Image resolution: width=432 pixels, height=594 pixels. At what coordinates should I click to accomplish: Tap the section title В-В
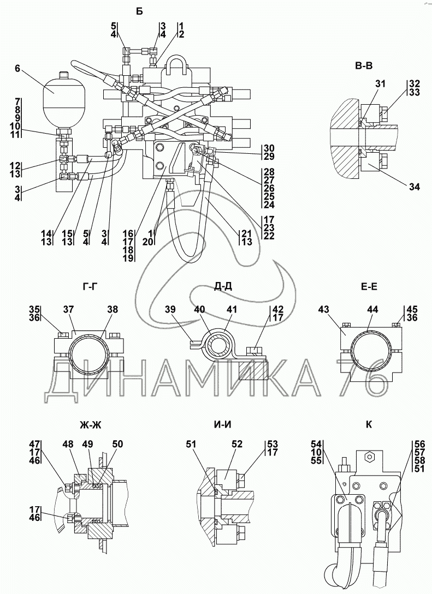[x=363, y=67]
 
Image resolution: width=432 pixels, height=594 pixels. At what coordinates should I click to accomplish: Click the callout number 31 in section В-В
[x=380, y=84]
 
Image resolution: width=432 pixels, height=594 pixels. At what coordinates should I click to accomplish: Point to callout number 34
[x=415, y=187]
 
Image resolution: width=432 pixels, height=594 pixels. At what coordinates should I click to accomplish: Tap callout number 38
[x=112, y=309]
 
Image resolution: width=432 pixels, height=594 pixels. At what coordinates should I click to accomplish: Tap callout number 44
[x=373, y=309]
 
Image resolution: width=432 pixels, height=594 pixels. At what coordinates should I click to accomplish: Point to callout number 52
[x=236, y=445]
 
